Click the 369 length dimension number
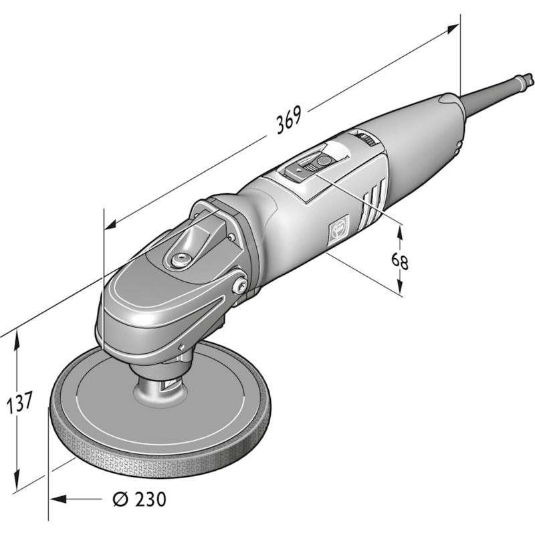point(289,120)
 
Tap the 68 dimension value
point(399,261)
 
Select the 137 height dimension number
point(20,402)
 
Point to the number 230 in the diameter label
point(150,499)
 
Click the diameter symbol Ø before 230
point(120,499)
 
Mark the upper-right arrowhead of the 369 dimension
point(453,29)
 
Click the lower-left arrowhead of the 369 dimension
point(110,225)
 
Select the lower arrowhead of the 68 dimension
point(400,286)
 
